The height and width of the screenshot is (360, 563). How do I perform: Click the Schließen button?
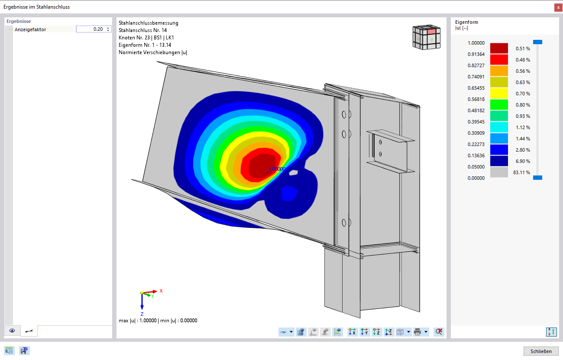pyautogui.click(x=540, y=351)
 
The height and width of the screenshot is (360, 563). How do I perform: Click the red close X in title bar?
pyautogui.click(x=558, y=7)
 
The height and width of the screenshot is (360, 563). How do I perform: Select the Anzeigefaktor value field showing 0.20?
pyautogui.click(x=94, y=29)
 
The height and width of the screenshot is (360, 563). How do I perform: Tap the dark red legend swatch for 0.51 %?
pyautogui.click(x=499, y=48)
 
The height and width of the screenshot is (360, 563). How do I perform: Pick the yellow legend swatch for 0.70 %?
pyautogui.click(x=499, y=93)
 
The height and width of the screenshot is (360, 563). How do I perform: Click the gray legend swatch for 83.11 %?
pyautogui.click(x=499, y=172)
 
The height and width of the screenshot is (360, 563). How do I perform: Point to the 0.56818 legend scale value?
pyautogui.click(x=476, y=99)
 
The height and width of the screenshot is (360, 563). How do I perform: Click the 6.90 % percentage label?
pyautogui.click(x=523, y=161)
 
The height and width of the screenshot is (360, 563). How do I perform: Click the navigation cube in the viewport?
pyautogui.click(x=426, y=37)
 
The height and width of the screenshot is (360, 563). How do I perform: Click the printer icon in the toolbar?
pyautogui.click(x=417, y=332)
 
